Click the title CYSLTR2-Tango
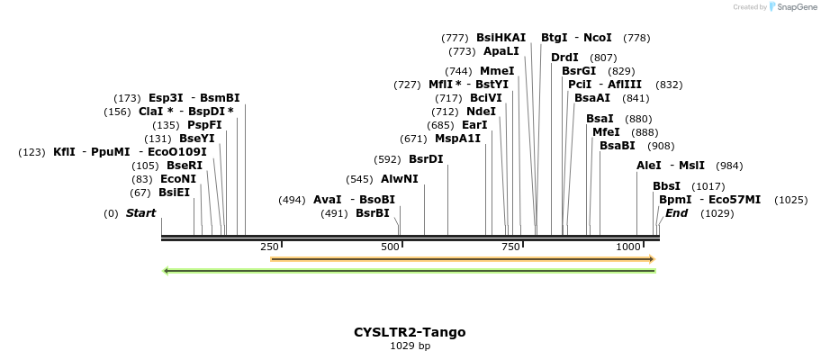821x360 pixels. point(410,332)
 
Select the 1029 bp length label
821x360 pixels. point(410,346)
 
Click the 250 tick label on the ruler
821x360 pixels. point(269,247)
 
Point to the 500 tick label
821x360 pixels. point(390,247)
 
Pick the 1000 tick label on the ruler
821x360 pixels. point(628,247)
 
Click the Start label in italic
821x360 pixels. point(140,213)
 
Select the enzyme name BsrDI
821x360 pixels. point(426,159)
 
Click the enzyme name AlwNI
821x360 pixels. point(400,179)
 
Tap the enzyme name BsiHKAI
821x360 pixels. point(501,38)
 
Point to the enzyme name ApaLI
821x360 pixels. point(501,51)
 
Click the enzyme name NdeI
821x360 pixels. point(481,112)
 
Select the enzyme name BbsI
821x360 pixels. point(666,186)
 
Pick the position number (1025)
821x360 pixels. point(790,200)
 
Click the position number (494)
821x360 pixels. point(292,200)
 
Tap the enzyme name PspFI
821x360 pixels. point(204,125)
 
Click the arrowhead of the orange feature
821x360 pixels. point(651,259)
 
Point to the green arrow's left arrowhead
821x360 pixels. point(167,270)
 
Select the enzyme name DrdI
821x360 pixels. point(564,58)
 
